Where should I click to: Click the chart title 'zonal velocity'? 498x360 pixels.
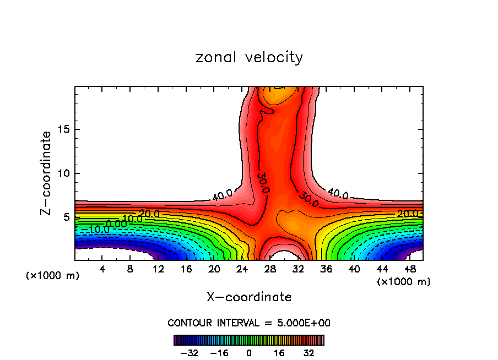click(x=249, y=57)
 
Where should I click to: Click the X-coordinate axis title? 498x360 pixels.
click(x=249, y=297)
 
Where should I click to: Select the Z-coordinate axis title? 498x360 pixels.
click(x=46, y=173)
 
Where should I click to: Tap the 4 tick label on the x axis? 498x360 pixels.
click(x=102, y=269)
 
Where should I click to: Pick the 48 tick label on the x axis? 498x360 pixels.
click(x=409, y=269)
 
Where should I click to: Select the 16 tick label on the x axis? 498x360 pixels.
click(x=186, y=269)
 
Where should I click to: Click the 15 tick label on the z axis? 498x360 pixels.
click(x=62, y=130)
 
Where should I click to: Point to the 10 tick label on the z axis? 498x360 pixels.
click(x=62, y=173)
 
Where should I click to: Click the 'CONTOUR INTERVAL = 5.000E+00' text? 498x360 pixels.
click(x=249, y=323)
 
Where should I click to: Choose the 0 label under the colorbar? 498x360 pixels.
click(x=249, y=353)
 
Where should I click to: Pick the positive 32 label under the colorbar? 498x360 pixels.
click(x=308, y=353)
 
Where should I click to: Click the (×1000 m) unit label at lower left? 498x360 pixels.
click(x=52, y=276)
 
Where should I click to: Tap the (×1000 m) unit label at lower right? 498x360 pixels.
click(x=404, y=281)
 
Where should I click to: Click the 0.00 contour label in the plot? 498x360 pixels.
click(x=116, y=223)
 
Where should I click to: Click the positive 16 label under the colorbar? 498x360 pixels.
click(x=279, y=353)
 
